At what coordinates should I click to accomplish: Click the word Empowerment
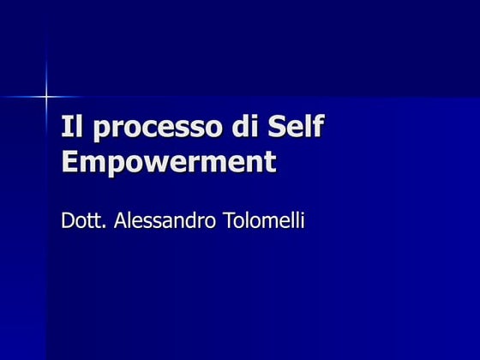169,162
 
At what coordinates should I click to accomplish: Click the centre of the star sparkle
45,97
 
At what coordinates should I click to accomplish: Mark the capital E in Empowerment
70,161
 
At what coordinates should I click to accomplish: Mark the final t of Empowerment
270,162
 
